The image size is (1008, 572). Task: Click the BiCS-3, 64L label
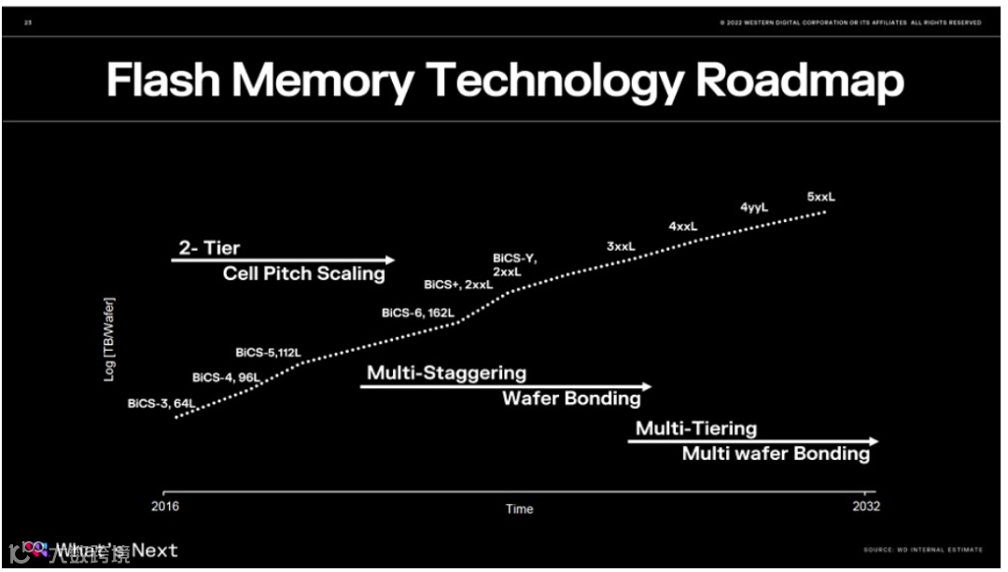(161, 404)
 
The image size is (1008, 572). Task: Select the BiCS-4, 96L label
(226, 377)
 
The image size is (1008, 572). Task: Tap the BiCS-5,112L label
(269, 353)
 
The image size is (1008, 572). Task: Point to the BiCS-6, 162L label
(417, 313)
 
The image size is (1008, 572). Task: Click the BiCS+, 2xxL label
(457, 284)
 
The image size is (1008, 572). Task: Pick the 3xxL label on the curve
(621, 246)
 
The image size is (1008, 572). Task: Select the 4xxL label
(683, 226)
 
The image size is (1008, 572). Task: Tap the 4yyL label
(754, 207)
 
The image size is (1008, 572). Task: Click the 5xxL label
(821, 197)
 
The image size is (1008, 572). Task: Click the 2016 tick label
(165, 507)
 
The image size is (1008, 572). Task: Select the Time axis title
(520, 509)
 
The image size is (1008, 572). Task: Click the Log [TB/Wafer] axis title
(109, 338)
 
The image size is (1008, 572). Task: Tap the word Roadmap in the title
(800, 81)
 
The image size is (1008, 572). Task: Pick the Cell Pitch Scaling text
(303, 273)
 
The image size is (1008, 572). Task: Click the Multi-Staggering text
(446, 373)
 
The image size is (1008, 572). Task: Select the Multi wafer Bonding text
(776, 453)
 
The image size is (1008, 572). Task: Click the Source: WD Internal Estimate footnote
(923, 550)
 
